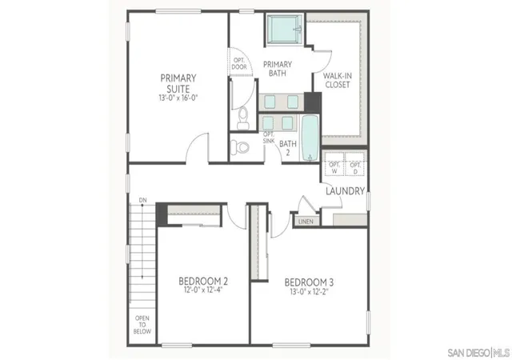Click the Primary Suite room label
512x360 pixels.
(178, 84)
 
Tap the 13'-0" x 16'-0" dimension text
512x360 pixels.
(178, 98)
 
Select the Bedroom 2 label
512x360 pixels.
(203, 281)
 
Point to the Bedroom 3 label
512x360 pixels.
(309, 282)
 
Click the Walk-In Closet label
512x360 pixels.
(338, 80)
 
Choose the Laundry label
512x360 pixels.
(345, 191)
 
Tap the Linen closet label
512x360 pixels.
(306, 222)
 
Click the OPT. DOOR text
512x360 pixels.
(239, 64)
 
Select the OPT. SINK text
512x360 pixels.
(269, 138)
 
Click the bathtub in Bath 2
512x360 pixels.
(310, 138)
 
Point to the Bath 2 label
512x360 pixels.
(288, 148)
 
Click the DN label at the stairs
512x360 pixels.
(142, 200)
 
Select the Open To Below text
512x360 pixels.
(142, 325)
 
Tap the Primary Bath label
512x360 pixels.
(278, 69)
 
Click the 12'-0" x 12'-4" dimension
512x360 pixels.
(203, 290)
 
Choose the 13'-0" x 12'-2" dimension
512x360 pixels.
(309, 291)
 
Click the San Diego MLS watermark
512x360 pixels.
(478, 353)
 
